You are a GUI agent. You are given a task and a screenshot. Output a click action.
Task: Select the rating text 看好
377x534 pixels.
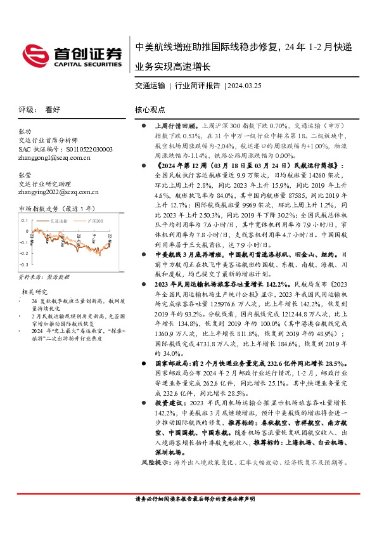[x=53, y=109]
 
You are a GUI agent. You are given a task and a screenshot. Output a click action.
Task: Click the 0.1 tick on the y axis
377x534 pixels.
[x=25, y=220]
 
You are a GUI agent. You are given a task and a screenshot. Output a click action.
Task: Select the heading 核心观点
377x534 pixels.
[x=150, y=109]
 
